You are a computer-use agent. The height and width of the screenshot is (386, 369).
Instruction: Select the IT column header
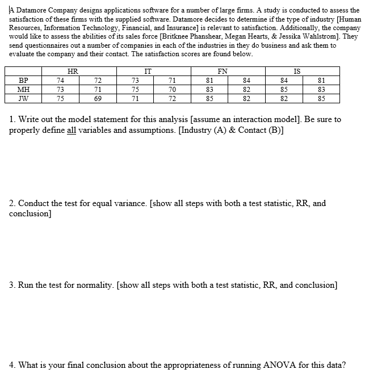coord(148,71)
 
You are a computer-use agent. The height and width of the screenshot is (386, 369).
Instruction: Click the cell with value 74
coord(60,80)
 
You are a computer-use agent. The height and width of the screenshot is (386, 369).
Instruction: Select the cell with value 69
coord(98,98)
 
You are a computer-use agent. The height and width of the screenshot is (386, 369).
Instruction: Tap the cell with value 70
coord(173,89)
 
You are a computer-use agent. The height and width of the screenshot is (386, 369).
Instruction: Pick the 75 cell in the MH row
coord(135,89)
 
